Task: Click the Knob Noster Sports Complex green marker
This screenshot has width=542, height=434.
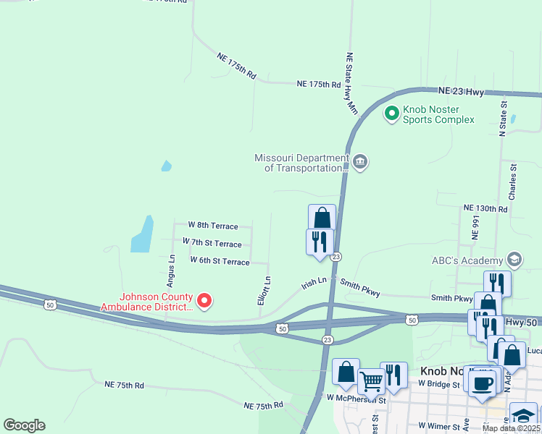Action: (392, 113)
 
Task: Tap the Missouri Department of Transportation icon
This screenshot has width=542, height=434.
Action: (361, 161)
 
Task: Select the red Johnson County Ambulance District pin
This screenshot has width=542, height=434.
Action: (204, 300)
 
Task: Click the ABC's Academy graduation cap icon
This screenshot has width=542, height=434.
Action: (514, 259)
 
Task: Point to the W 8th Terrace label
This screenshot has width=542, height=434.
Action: (212, 226)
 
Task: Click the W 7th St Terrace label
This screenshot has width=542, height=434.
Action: (212, 243)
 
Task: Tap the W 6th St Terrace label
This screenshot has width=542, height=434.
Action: (220, 260)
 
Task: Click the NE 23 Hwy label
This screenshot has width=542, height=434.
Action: (461, 91)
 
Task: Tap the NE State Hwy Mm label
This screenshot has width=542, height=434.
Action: (351, 83)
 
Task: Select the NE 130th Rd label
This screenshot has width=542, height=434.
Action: (485, 208)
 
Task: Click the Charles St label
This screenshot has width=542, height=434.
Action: (512, 182)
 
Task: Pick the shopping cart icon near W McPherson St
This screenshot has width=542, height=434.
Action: (371, 380)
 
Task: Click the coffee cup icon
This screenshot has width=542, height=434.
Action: (482, 383)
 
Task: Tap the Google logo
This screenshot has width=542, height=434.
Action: (24, 425)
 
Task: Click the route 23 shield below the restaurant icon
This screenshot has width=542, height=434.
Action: (336, 257)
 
